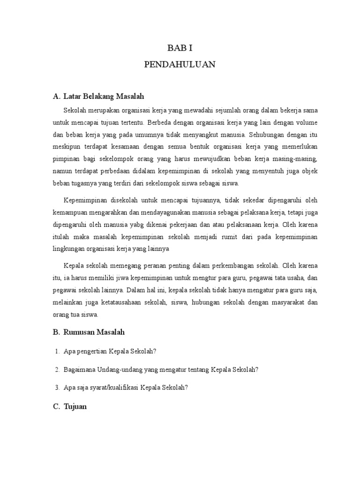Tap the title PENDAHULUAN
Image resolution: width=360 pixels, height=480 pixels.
[x=180, y=65]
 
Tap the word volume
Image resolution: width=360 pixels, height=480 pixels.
[x=306, y=122]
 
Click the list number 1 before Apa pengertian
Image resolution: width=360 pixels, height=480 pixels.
[x=57, y=351]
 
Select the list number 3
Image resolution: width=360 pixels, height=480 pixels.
[x=57, y=388]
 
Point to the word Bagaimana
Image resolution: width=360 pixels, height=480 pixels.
[x=79, y=369]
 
